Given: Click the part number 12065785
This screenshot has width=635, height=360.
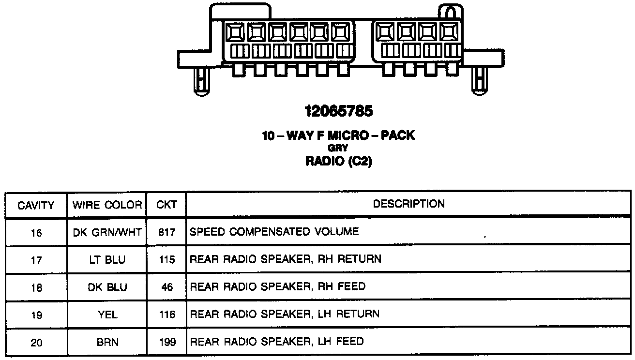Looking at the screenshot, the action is [339, 112].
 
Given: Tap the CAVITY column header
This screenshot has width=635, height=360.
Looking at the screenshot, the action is [36, 205].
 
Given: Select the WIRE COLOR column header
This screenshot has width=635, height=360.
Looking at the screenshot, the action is [107, 205].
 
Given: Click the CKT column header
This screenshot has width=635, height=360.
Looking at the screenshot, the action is [166, 205].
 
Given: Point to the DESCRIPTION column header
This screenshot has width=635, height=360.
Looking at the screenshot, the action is [408, 204].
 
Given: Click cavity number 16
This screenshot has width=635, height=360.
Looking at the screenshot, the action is [36, 233].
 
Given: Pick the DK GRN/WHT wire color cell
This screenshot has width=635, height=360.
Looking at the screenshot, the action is [107, 232].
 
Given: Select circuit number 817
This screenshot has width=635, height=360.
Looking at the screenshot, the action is [166, 232].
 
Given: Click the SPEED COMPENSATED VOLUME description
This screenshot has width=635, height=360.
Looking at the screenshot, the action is [274, 232].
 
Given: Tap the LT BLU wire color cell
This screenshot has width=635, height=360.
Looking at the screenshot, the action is [107, 260].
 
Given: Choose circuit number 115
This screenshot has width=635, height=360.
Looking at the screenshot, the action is [166, 260].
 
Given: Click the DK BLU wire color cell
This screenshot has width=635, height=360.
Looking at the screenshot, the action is [107, 287].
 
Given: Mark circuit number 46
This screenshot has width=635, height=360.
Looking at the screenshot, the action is [166, 287].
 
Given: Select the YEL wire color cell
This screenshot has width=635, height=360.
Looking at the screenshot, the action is [107, 315].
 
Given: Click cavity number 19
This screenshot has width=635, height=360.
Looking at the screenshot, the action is [36, 315].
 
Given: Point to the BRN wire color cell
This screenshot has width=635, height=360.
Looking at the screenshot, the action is [107, 343].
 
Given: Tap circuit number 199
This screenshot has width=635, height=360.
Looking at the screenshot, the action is [166, 343].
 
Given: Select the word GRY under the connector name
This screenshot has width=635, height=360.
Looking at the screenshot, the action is [338, 149].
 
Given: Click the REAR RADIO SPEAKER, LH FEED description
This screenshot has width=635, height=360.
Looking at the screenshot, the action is [276, 342].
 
